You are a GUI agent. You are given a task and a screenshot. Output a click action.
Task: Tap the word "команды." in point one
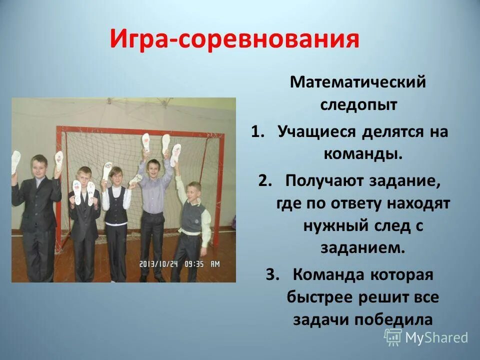[x=363, y=154]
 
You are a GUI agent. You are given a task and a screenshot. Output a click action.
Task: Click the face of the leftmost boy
[x=38, y=165]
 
